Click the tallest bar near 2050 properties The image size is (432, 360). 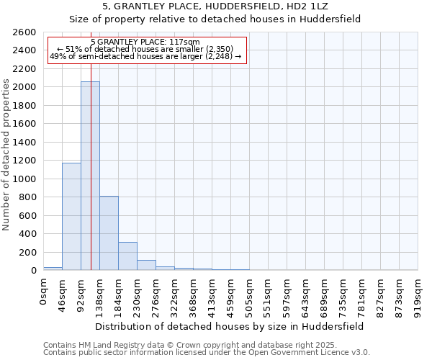90,176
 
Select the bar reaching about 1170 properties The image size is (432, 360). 71,216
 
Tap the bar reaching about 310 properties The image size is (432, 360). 127,256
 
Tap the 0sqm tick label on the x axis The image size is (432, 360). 44,292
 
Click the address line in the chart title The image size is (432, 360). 215,7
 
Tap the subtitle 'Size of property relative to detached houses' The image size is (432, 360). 215,19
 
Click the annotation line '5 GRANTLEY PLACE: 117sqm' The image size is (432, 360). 146,42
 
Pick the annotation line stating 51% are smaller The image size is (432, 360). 146,49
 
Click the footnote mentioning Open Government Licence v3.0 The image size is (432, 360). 207,353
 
